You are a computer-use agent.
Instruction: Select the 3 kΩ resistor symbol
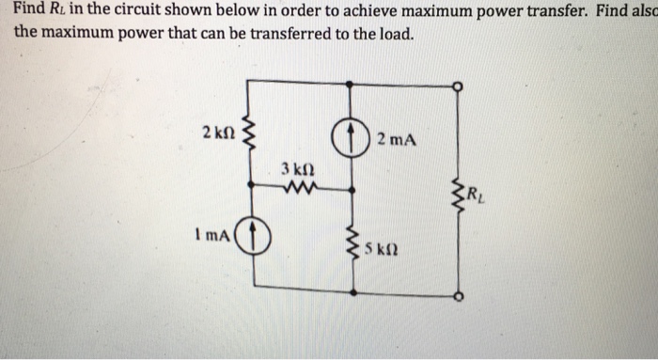tap(303, 189)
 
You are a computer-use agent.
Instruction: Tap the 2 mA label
tap(392, 140)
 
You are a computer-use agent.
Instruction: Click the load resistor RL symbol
tap(458, 194)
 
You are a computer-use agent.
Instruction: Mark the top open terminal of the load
tap(458, 85)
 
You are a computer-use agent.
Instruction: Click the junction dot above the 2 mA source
tap(352, 85)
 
